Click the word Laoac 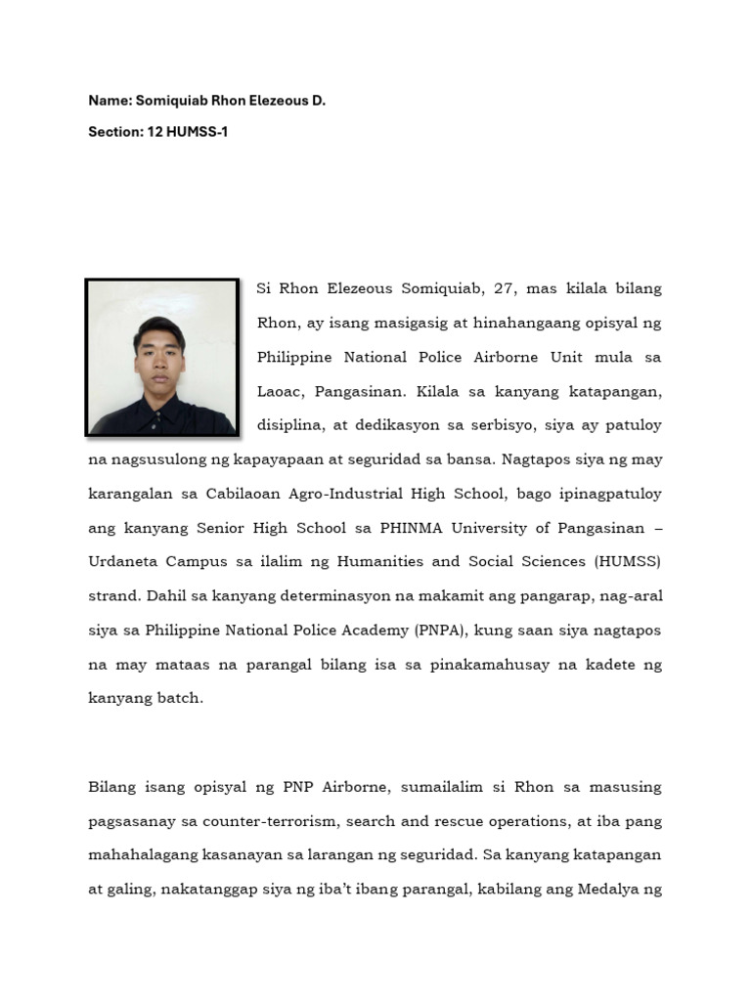coord(282,391)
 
